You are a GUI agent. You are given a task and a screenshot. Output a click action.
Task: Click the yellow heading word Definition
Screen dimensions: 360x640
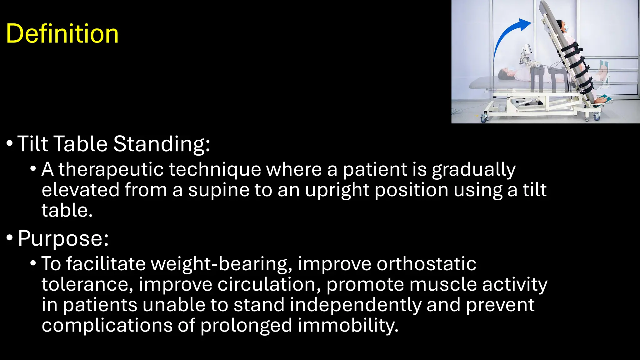(x=62, y=33)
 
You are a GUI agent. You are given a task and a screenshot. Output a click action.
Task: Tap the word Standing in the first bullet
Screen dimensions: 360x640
(x=162, y=144)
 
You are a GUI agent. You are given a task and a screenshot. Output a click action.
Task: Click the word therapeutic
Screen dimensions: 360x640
(x=111, y=170)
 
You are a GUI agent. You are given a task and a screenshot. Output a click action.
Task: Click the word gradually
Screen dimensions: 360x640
(x=473, y=170)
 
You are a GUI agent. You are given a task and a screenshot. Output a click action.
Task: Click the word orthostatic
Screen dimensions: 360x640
(x=426, y=264)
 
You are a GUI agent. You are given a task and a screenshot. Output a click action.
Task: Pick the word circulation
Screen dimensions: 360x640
(x=269, y=285)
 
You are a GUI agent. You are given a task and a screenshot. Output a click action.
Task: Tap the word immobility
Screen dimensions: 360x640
(x=348, y=326)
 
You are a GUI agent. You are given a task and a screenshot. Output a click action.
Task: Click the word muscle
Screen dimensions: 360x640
(x=443, y=285)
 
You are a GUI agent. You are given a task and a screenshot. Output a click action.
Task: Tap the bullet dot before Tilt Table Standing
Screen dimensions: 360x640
(x=10, y=144)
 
